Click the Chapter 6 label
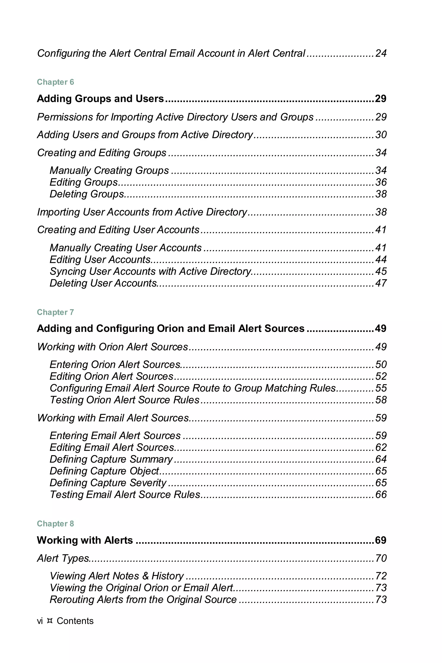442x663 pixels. pyautogui.click(x=55, y=82)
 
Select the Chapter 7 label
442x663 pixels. pyautogui.click(x=55, y=312)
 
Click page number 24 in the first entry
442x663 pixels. pyautogui.click(x=380, y=53)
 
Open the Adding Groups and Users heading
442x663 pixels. pyautogui.click(x=100, y=99)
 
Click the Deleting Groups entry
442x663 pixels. pyautogui.click(x=87, y=194)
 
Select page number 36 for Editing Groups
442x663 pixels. pyautogui.click(x=380, y=182)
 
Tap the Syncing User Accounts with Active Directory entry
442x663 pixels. pyautogui.click(x=150, y=271)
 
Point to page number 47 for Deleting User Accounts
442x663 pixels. pyautogui.click(x=380, y=283)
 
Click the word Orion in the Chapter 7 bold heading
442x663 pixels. pyautogui.click(x=167, y=328)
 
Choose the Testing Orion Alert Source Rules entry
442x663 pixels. pyautogui.click(x=125, y=400)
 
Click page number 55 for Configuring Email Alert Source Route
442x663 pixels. pyautogui.click(x=380, y=388)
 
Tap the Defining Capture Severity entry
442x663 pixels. pyautogui.click(x=108, y=483)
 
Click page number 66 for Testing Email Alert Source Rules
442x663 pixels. pyautogui.click(x=380, y=494)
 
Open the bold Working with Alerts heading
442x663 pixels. pyautogui.click(x=85, y=540)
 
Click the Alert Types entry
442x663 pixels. pyautogui.click(x=63, y=558)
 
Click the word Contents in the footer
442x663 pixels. pyautogui.click(x=75, y=621)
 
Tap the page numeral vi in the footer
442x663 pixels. pyautogui.click(x=40, y=621)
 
